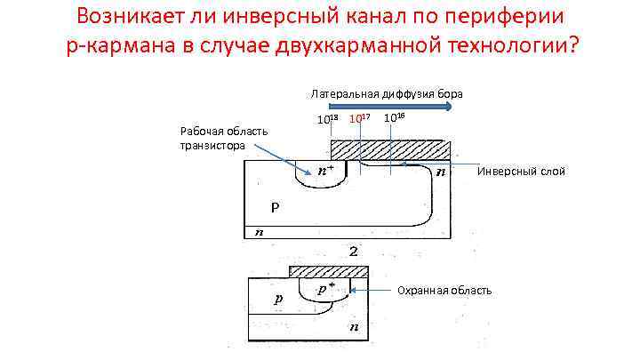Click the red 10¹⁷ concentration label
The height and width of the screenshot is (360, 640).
click(360, 118)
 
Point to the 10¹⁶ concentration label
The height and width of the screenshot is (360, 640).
click(395, 117)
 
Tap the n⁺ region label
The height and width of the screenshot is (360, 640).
click(326, 170)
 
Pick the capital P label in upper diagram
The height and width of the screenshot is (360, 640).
click(276, 208)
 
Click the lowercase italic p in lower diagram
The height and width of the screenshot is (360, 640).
click(278, 300)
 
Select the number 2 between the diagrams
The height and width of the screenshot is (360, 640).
click(354, 252)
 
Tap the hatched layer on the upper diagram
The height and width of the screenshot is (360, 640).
click(391, 148)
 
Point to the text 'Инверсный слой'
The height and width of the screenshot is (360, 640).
click(521, 171)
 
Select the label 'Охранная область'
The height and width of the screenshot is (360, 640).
click(444, 291)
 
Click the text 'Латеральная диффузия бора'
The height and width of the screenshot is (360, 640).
click(386, 93)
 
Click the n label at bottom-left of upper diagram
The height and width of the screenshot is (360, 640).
click(259, 232)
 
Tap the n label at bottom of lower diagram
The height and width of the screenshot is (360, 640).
click(354, 328)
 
